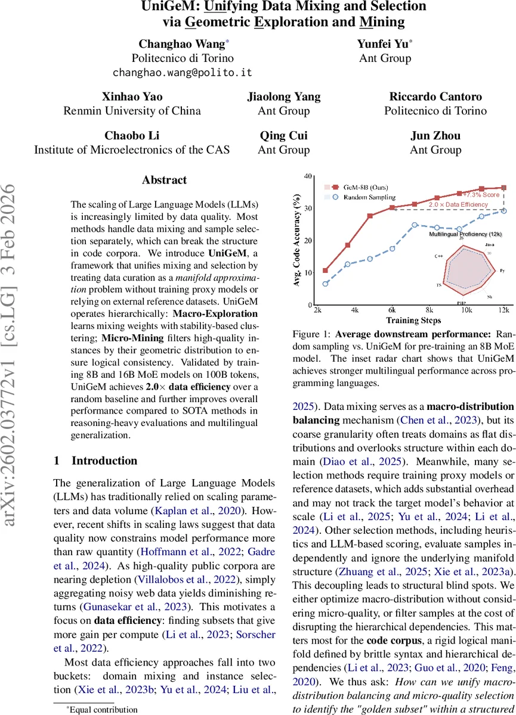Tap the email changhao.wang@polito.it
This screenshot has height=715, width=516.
click(x=183, y=72)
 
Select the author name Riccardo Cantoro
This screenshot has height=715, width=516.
click(x=435, y=97)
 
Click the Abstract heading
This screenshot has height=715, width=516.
click(x=165, y=179)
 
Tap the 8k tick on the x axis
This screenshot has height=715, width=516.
click(x=429, y=310)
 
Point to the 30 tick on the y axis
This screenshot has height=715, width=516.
click(x=308, y=208)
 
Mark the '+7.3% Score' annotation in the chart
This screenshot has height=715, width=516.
click(x=482, y=195)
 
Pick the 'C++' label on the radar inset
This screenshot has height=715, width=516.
click(x=437, y=254)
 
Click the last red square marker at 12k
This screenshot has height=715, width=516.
click(x=503, y=188)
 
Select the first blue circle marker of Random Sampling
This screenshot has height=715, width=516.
click(x=325, y=284)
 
